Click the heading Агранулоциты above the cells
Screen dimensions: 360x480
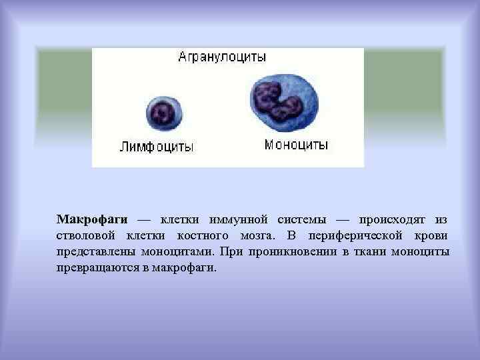[x=222, y=57]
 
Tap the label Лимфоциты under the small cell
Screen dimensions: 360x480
[x=157, y=147]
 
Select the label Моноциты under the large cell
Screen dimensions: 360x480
[x=296, y=145]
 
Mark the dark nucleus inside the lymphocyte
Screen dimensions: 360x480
[x=161, y=111]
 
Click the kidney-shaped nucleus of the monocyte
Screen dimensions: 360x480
[x=279, y=98]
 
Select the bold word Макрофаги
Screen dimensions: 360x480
[x=92, y=219]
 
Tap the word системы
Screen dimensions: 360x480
[x=303, y=219]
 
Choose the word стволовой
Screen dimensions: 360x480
[x=86, y=236]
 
